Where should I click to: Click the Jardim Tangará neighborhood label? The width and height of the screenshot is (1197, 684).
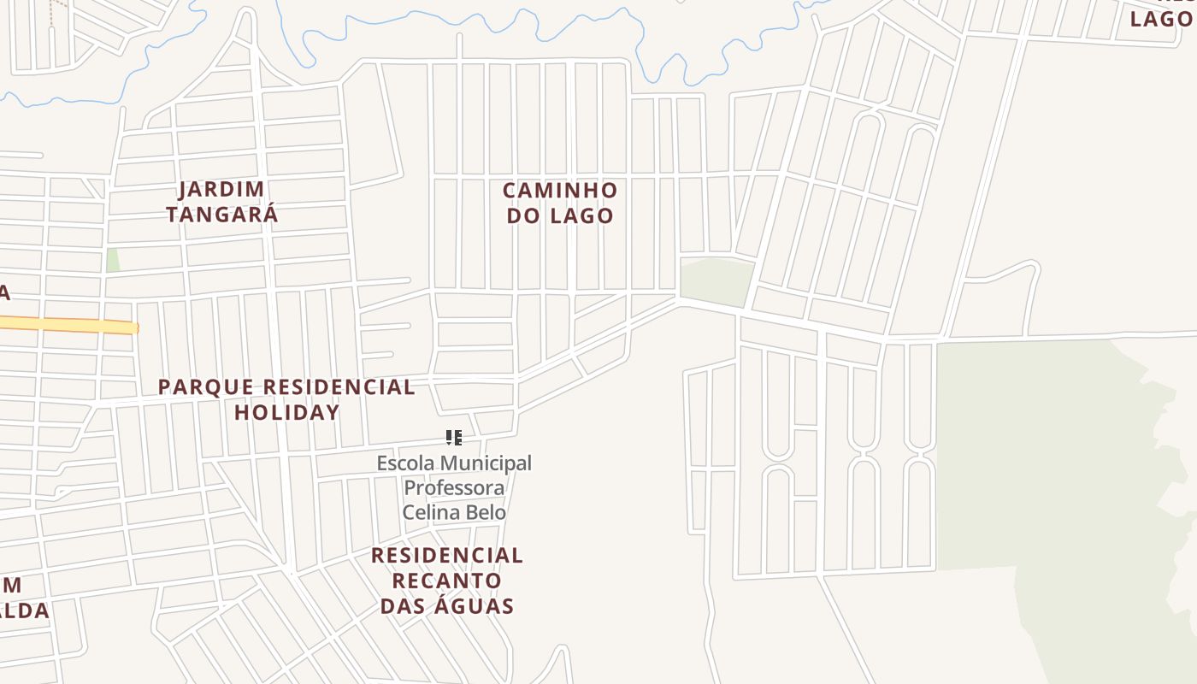click(222, 202)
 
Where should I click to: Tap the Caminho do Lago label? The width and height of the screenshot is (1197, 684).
click(560, 203)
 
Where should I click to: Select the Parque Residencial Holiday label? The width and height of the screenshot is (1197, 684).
click(287, 399)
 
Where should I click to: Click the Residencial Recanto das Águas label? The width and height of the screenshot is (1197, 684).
click(447, 581)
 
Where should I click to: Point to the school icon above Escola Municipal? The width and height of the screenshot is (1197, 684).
click(454, 439)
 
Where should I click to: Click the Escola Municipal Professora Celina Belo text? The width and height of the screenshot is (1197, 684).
click(454, 487)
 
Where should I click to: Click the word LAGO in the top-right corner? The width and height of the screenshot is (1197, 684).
click(1161, 19)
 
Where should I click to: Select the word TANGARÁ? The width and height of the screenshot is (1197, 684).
click(222, 215)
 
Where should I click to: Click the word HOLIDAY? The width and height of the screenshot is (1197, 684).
click(287, 412)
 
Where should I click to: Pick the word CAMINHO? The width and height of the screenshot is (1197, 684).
click(560, 190)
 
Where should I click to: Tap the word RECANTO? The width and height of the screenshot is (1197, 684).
click(447, 581)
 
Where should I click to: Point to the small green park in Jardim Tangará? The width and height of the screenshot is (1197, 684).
click(113, 260)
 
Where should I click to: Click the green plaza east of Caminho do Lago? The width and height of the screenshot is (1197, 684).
click(716, 281)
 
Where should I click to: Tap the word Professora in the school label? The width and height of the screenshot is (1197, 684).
click(454, 487)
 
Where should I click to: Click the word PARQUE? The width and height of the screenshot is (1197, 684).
click(206, 386)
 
